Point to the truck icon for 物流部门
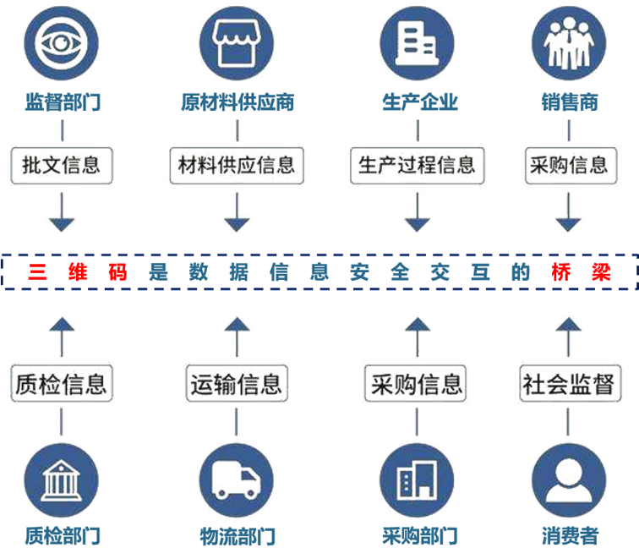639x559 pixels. pos(238,479)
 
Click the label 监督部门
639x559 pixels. pos(58,103)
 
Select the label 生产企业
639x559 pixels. pos(419,103)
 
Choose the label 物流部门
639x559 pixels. pos(238,536)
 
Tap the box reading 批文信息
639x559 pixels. pos(60,164)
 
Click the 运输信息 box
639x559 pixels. pos(236,383)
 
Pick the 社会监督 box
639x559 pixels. pos(567,383)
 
